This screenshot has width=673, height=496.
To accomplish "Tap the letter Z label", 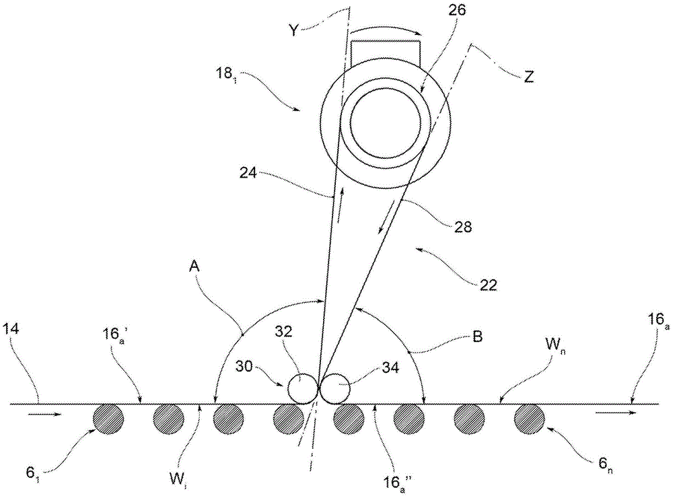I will (528, 77).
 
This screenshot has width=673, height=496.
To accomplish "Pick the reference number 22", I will (489, 285).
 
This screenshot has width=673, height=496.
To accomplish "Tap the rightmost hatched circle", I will (530, 419).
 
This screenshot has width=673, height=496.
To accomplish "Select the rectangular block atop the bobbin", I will (385, 53).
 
